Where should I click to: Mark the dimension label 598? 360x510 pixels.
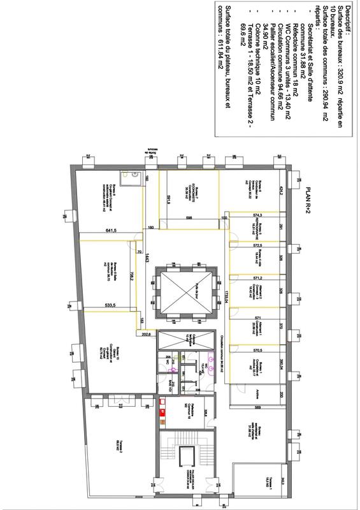coord(189,217)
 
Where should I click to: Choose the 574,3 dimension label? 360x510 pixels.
coord(257,215)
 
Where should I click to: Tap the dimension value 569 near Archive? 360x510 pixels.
coord(257,407)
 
